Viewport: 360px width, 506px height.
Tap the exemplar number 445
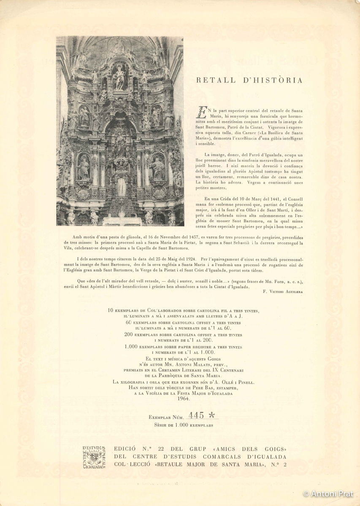coord(196,415)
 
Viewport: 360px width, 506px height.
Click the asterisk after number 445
coord(212,415)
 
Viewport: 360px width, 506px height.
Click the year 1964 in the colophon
coord(184,398)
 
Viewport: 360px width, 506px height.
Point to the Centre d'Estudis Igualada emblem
coord(94,457)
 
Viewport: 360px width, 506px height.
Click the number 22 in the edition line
coord(160,449)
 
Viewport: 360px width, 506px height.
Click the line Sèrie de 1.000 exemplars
coord(184,425)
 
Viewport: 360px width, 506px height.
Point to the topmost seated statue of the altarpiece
coord(120,77)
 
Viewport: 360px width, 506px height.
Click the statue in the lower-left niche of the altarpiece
coord(83,168)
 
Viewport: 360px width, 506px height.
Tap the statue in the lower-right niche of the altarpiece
coord(158,168)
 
